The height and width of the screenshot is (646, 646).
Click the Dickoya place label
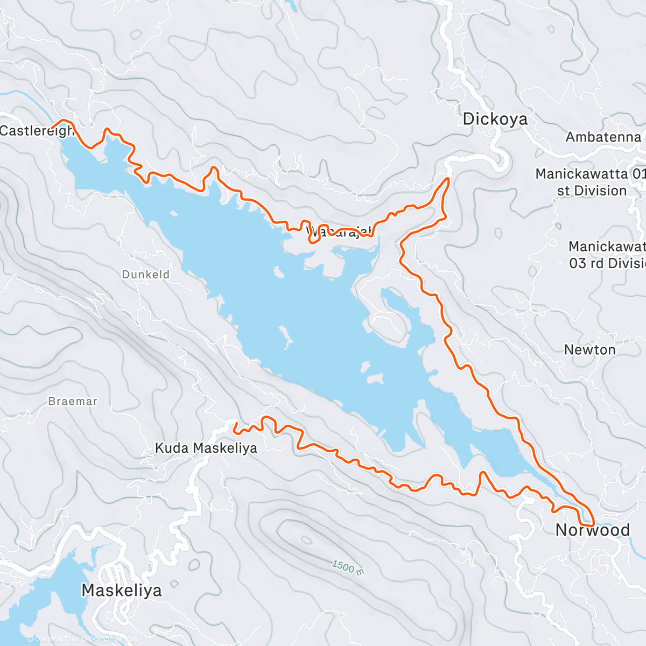[495, 119]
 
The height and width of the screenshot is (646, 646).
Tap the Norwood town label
[592, 530]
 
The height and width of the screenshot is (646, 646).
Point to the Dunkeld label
[145, 275]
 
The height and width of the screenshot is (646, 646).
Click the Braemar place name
[73, 401]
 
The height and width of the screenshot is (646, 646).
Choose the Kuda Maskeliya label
[206, 448]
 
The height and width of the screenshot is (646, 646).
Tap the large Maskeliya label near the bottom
[121, 591]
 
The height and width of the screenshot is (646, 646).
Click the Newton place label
[589, 350]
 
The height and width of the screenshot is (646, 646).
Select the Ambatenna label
[603, 137]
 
